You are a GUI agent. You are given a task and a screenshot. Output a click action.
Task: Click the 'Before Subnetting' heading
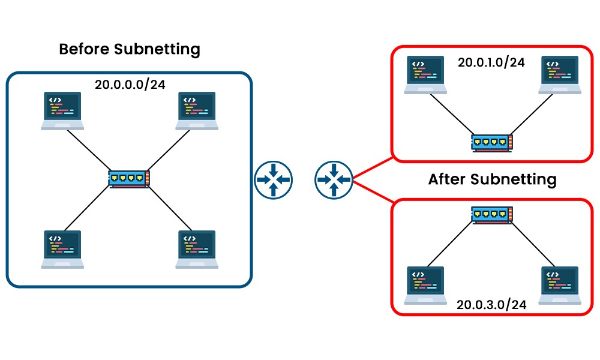(x=130, y=49)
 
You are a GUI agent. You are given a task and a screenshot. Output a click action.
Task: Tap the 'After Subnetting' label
(x=492, y=179)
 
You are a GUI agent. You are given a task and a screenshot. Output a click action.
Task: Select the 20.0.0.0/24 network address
(x=130, y=84)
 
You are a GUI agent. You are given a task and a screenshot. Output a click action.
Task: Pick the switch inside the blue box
(x=130, y=179)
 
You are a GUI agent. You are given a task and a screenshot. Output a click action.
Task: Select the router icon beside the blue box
(x=273, y=179)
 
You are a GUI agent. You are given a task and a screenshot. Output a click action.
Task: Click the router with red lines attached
(x=333, y=179)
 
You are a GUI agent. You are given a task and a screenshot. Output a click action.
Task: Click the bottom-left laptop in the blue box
(x=62, y=248)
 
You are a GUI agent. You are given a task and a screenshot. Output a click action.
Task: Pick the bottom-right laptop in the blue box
(x=197, y=248)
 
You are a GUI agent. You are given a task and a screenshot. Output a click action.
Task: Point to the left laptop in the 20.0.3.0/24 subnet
(x=425, y=284)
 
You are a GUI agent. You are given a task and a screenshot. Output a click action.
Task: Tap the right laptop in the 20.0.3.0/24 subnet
(x=559, y=284)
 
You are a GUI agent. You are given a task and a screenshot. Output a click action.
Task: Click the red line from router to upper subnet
(x=372, y=169)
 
